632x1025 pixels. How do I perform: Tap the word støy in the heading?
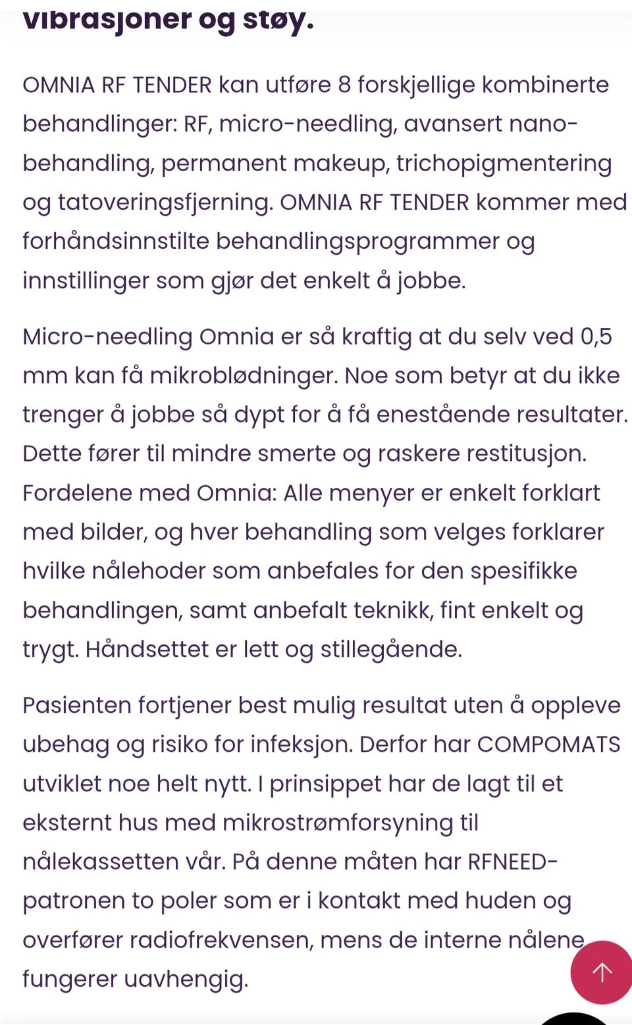tap(277, 20)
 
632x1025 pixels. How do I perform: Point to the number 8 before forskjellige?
tap(344, 85)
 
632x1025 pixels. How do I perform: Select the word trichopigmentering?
tap(504, 163)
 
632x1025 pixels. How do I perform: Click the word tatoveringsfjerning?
tap(165, 202)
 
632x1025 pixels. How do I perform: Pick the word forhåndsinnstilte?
tap(115, 241)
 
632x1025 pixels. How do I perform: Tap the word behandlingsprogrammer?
tap(357, 241)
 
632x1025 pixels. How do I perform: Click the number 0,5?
tap(596, 336)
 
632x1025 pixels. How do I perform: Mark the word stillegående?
tap(391, 649)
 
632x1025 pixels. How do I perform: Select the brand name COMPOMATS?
tap(548, 744)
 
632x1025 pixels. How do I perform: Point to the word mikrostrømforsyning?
tap(338, 822)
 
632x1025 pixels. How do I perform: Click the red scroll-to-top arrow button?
tap(602, 972)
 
